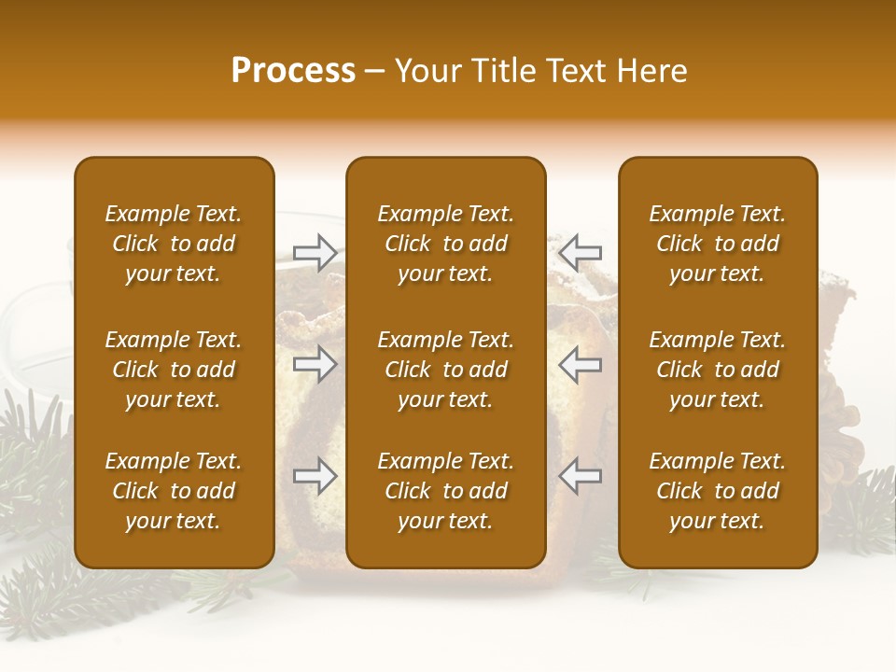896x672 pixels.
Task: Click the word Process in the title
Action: [293, 71]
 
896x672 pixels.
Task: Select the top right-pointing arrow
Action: [315, 252]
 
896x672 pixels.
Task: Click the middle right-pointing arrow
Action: [315, 364]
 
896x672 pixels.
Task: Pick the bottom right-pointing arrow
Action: [315, 477]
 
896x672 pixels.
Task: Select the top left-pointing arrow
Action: [581, 252]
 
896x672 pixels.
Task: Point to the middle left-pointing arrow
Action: [581, 364]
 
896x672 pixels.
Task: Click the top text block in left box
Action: [174, 244]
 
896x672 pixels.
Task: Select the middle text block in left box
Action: [174, 370]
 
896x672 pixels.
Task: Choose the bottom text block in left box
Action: [174, 491]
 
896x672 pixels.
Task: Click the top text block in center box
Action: [446, 244]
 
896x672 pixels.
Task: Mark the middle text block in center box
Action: [446, 370]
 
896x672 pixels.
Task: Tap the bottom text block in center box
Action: [446, 491]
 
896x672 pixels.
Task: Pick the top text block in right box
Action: [718, 244]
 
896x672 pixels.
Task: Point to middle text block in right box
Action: [718, 370]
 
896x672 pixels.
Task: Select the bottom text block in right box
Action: [718, 491]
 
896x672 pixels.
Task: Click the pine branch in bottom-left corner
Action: [37, 597]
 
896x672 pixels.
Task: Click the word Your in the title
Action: [424, 71]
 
